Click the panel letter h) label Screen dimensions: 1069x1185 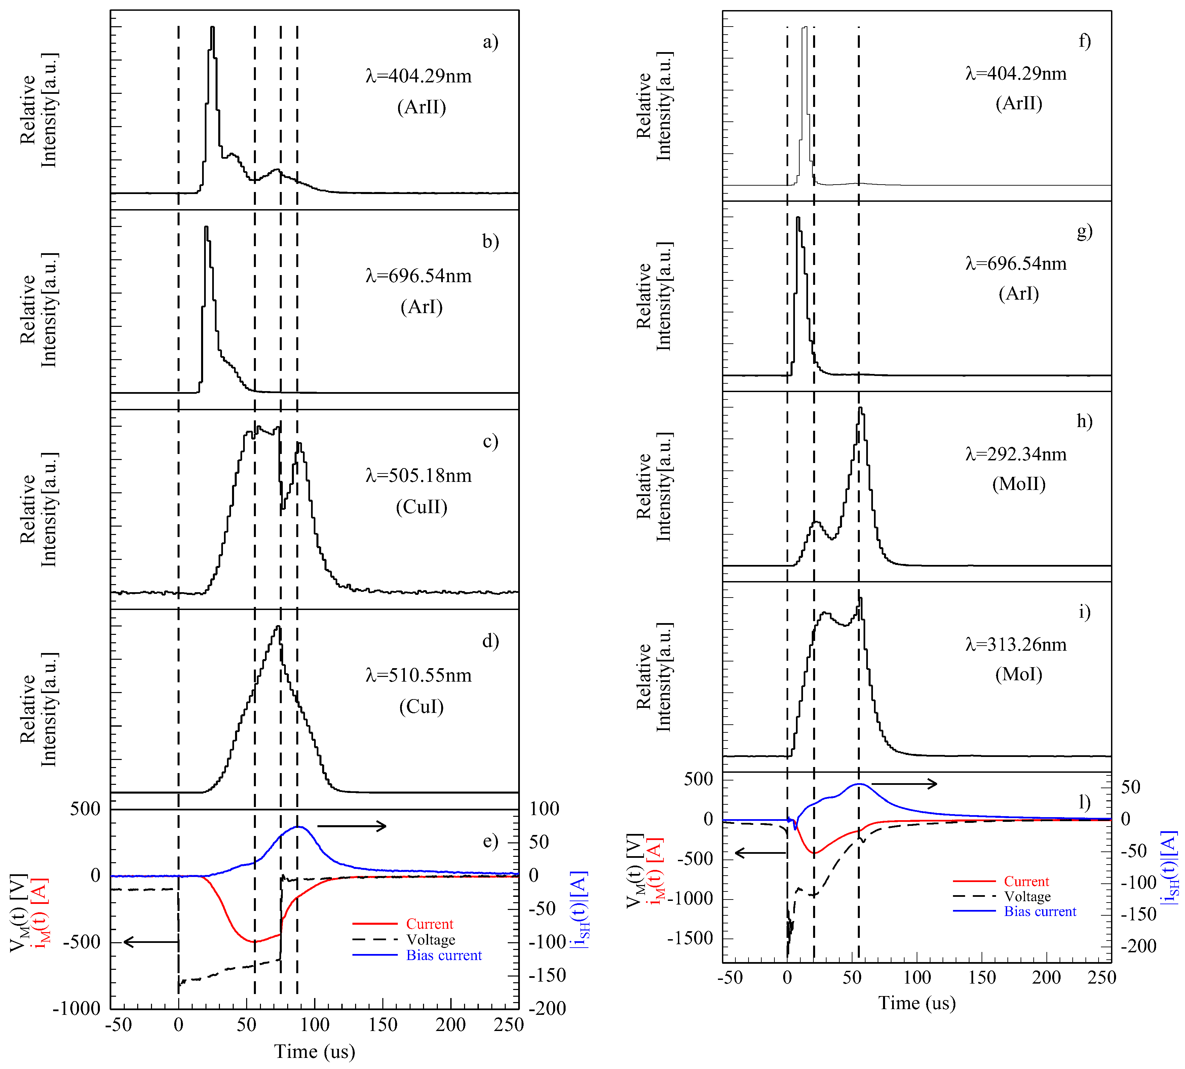click(1084, 421)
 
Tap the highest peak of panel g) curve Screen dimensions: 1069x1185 click(797, 218)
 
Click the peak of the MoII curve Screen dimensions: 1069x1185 click(860, 408)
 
